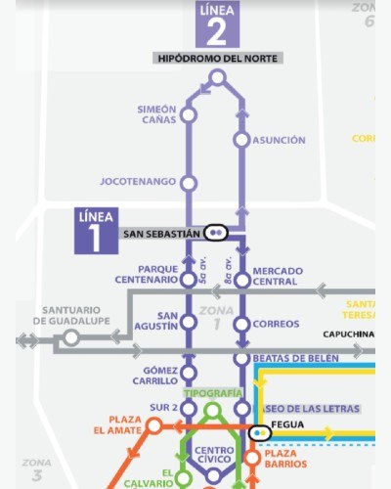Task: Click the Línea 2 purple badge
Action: click(217, 24)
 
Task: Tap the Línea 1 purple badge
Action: click(96, 231)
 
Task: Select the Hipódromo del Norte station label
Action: click(219, 59)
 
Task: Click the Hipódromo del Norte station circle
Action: click(218, 77)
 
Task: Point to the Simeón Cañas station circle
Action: click(189, 115)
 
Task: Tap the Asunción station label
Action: click(279, 140)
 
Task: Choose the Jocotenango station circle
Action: click(189, 182)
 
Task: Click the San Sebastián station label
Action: click(160, 234)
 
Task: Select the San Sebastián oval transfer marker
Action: click(216, 233)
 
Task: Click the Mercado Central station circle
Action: click(241, 281)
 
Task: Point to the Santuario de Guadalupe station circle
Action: click(70, 338)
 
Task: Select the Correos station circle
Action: click(241, 324)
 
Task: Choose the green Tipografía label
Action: click(213, 392)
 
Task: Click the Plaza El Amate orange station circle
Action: click(153, 426)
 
